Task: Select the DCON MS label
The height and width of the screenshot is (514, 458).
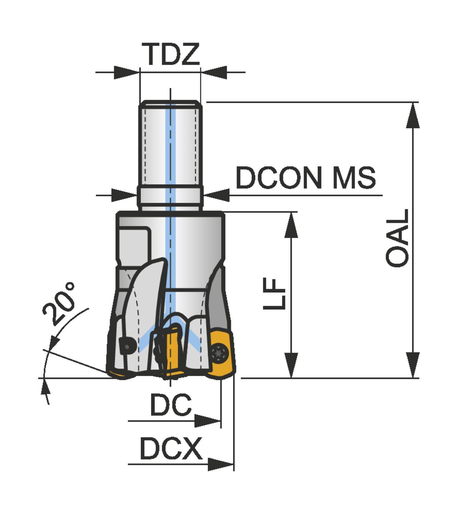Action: click(x=306, y=178)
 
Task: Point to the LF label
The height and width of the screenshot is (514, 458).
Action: click(x=274, y=294)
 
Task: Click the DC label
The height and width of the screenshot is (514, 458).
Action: click(x=171, y=405)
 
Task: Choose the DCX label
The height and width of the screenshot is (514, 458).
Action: click(x=171, y=448)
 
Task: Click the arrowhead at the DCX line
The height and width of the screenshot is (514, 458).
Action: click(x=221, y=465)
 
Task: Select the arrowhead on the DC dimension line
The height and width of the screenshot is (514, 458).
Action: click(x=207, y=421)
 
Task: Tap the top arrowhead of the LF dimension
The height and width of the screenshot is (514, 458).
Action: click(x=291, y=225)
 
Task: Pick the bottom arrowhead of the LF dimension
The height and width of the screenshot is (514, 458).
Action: click(x=291, y=365)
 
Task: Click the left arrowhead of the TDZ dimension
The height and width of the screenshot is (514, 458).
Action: click(x=127, y=72)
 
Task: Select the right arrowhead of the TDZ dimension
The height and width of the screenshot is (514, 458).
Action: click(x=214, y=72)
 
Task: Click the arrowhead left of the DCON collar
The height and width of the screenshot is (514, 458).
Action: click(x=124, y=195)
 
